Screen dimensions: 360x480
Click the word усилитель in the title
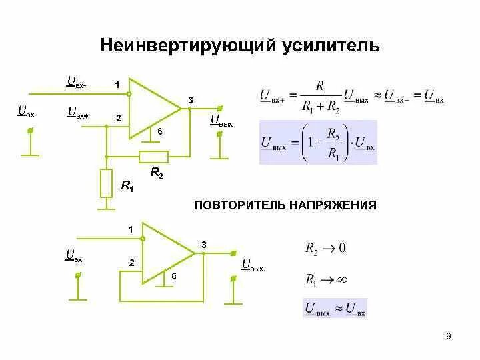(331, 45)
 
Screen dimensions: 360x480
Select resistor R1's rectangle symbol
(106, 183)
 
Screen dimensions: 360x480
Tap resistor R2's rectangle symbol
(153, 157)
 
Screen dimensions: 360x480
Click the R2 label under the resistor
(157, 173)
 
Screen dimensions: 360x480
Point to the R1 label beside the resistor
(127, 187)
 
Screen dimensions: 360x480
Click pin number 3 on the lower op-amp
(204, 245)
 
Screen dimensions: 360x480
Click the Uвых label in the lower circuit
(253, 267)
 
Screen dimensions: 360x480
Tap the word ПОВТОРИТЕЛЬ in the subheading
(239, 205)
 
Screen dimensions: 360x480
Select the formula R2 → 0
(325, 249)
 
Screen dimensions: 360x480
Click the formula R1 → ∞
(327, 279)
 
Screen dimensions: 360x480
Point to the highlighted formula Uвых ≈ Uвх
(335, 308)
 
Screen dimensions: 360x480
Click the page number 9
(449, 337)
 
